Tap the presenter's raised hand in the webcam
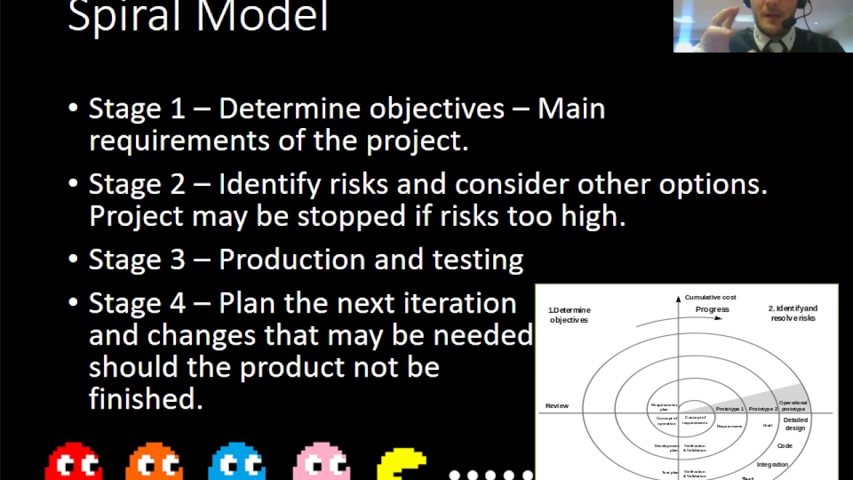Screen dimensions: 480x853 738,20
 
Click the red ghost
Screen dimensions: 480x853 73,462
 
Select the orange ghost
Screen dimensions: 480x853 155,462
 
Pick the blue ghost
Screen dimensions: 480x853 237,462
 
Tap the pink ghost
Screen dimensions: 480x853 321,462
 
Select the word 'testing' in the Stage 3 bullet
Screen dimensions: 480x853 478,260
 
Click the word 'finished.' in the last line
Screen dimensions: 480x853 145,399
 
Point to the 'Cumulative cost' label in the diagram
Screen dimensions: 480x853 710,297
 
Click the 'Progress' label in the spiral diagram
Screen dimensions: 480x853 712,309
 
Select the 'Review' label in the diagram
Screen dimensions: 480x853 557,405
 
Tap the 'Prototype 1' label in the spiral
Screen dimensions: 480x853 730,409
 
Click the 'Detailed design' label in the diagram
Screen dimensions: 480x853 795,424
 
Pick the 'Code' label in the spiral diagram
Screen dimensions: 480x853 784,446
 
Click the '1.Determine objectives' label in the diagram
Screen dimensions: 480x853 569,315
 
